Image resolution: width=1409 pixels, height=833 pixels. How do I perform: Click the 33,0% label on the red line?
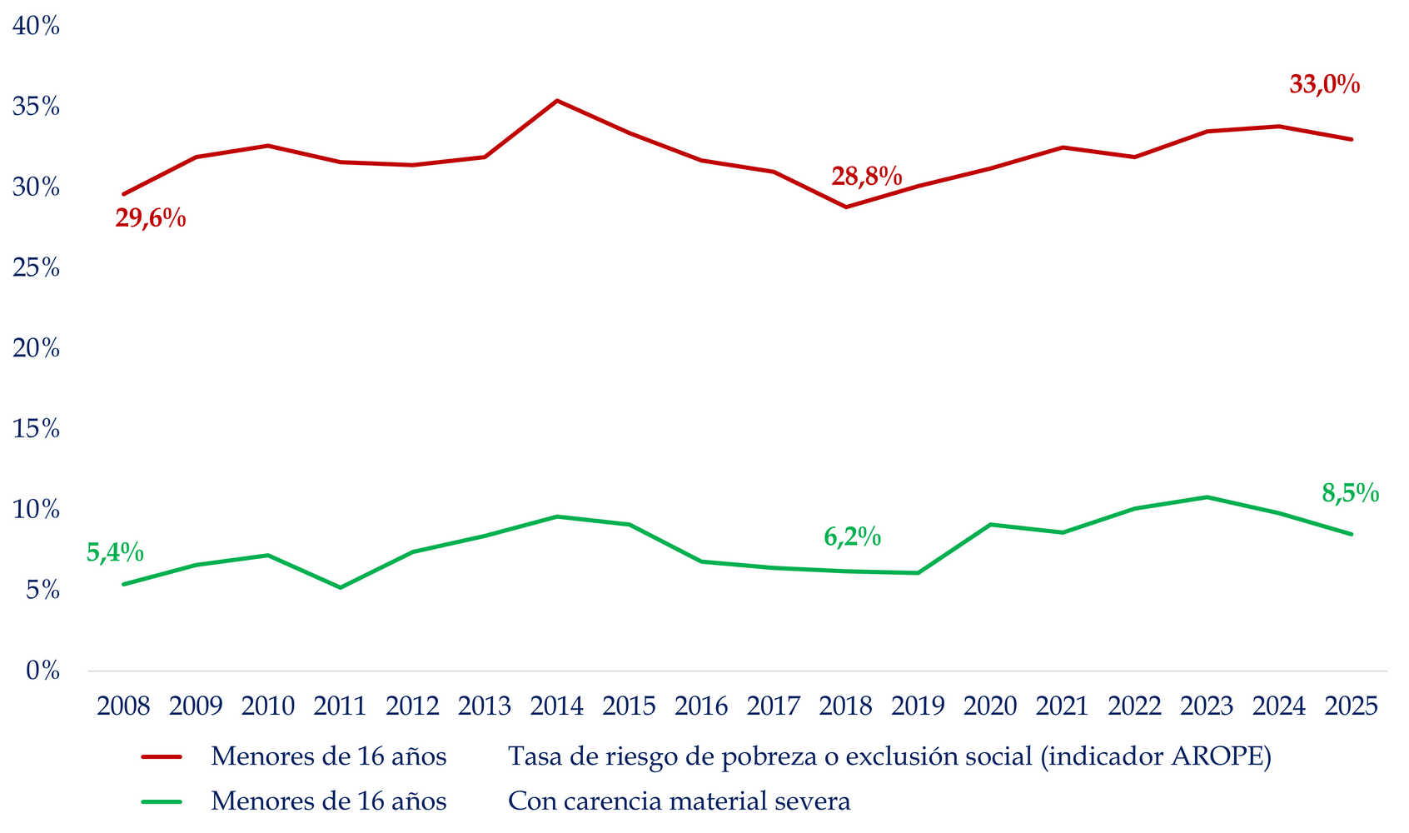pos(1324,85)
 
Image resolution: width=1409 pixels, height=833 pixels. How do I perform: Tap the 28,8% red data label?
pos(866,177)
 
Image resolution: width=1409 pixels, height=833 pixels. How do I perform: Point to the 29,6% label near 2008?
pos(150,219)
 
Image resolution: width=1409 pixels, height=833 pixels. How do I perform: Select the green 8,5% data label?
pos(1350,494)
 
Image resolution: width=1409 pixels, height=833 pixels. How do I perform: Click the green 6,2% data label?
pos(852,537)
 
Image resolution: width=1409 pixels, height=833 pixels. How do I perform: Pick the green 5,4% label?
pos(115,552)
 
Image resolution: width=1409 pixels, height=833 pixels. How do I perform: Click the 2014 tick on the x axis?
pos(556,706)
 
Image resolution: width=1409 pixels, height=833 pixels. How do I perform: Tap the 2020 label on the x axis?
pos(990,706)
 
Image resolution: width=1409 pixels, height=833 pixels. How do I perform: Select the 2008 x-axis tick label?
pos(123,706)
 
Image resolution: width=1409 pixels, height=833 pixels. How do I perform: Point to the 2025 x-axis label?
pos(1351,706)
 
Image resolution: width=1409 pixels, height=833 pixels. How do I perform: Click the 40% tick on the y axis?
pos(36,27)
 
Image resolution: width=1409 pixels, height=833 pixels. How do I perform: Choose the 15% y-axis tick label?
pos(36,429)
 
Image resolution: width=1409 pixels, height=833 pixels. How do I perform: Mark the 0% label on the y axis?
pos(42,671)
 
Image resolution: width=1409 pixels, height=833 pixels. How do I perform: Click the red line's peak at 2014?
pos(556,101)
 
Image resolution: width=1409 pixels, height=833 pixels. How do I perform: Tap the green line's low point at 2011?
pos(340,587)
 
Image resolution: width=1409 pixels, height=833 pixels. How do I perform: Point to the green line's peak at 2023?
pos(1207,497)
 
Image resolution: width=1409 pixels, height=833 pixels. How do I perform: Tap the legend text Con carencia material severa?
pos(680,801)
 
